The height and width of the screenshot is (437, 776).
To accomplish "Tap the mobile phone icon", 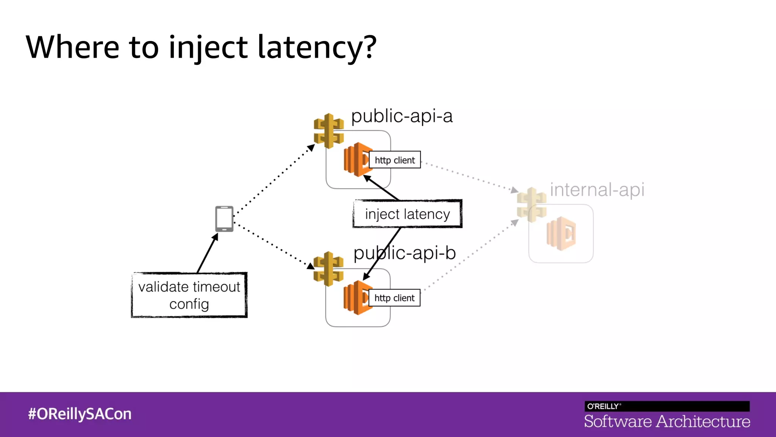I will pyautogui.click(x=224, y=218).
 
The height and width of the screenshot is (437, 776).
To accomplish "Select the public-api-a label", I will pyautogui.click(x=402, y=116).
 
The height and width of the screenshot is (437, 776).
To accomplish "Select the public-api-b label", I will pyautogui.click(x=404, y=253).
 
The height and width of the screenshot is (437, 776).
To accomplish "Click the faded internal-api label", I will pyautogui.click(x=597, y=190).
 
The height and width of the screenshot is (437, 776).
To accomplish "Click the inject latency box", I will pyautogui.click(x=407, y=214).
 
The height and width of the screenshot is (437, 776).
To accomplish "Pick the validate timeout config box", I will pyautogui.click(x=189, y=295).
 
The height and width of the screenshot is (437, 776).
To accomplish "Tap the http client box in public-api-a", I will pyautogui.click(x=394, y=160).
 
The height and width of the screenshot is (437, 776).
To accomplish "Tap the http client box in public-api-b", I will pyautogui.click(x=394, y=298).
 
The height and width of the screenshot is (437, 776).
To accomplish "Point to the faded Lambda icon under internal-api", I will pyautogui.click(x=561, y=234).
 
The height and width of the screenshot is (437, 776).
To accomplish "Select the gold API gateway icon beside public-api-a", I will pyautogui.click(x=329, y=131).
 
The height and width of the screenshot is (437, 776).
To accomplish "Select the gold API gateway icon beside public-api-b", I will pyautogui.click(x=328, y=269).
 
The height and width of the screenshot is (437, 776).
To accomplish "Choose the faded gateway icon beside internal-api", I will pyautogui.click(x=532, y=205).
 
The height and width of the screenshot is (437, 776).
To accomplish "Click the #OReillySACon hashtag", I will pyautogui.click(x=80, y=414).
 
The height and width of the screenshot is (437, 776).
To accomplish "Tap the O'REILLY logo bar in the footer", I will pyautogui.click(x=667, y=406).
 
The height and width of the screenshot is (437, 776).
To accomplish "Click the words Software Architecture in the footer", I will pyautogui.click(x=667, y=421).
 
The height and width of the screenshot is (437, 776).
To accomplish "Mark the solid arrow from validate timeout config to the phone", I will pyautogui.click(x=207, y=253).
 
